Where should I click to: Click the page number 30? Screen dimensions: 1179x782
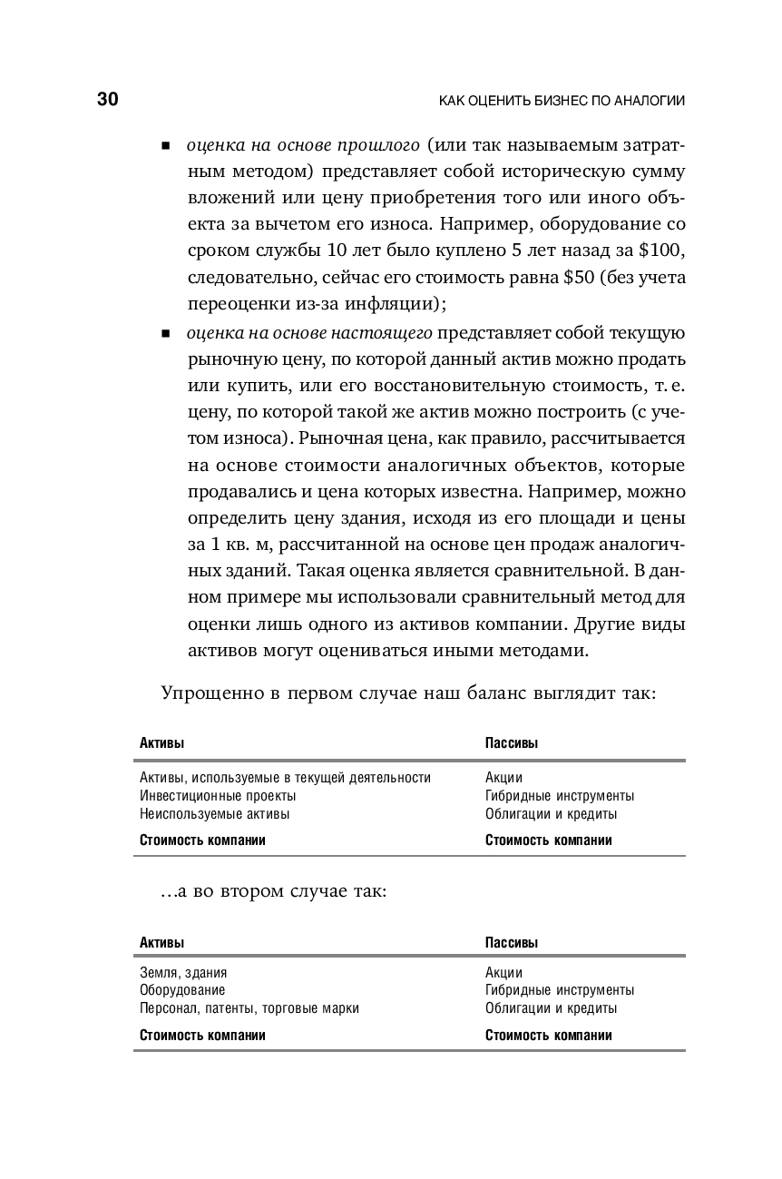pyautogui.click(x=107, y=100)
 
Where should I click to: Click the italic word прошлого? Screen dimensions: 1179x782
pyautogui.click(x=377, y=145)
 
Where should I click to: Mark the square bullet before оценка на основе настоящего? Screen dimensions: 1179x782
pyautogui.click(x=166, y=334)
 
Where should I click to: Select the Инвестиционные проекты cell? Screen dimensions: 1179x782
pyautogui.click(x=218, y=795)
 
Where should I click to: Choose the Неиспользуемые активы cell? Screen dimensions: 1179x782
pyautogui.click(x=214, y=813)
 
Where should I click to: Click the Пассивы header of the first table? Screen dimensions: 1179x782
pyautogui.click(x=511, y=743)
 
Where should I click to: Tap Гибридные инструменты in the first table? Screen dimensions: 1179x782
pyautogui.click(x=559, y=795)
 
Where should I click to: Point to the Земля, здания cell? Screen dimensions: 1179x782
pyautogui.click(x=183, y=972)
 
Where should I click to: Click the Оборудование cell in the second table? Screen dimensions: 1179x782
pyautogui.click(x=182, y=990)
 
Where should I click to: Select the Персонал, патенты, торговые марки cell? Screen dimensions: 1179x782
pyautogui.click(x=249, y=1008)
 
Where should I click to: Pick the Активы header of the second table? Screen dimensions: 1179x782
pyautogui.click(x=161, y=943)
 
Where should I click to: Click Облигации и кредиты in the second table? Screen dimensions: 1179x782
pyautogui.click(x=551, y=1008)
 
